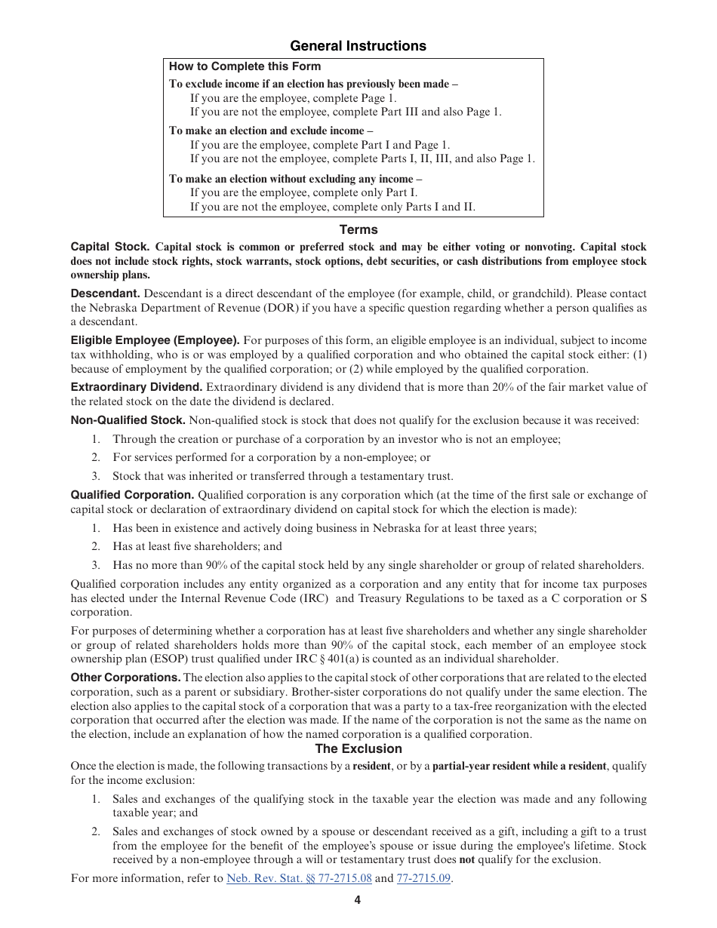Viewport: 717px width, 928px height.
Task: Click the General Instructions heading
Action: (x=358, y=46)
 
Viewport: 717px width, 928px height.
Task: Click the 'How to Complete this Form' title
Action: (x=245, y=66)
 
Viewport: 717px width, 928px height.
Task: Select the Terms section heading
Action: (x=358, y=229)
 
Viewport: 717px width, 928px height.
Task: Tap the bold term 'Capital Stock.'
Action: (x=110, y=247)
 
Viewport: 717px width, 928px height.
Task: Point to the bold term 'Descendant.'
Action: (x=105, y=293)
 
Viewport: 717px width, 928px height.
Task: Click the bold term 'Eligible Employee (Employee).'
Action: (x=155, y=340)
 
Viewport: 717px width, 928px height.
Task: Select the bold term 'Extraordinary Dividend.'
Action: (x=137, y=387)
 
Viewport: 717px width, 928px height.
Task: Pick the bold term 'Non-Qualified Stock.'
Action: (x=128, y=420)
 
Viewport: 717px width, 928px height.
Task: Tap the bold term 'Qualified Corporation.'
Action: (x=133, y=495)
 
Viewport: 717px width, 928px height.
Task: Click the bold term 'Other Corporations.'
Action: (x=125, y=678)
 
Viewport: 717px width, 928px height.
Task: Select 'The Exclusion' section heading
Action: (x=358, y=748)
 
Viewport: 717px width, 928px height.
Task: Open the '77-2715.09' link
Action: (x=423, y=878)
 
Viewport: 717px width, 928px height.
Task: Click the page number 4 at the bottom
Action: (x=358, y=899)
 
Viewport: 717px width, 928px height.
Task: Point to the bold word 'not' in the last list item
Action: (x=467, y=859)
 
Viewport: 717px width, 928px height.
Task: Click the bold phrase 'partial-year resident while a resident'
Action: (x=519, y=766)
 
